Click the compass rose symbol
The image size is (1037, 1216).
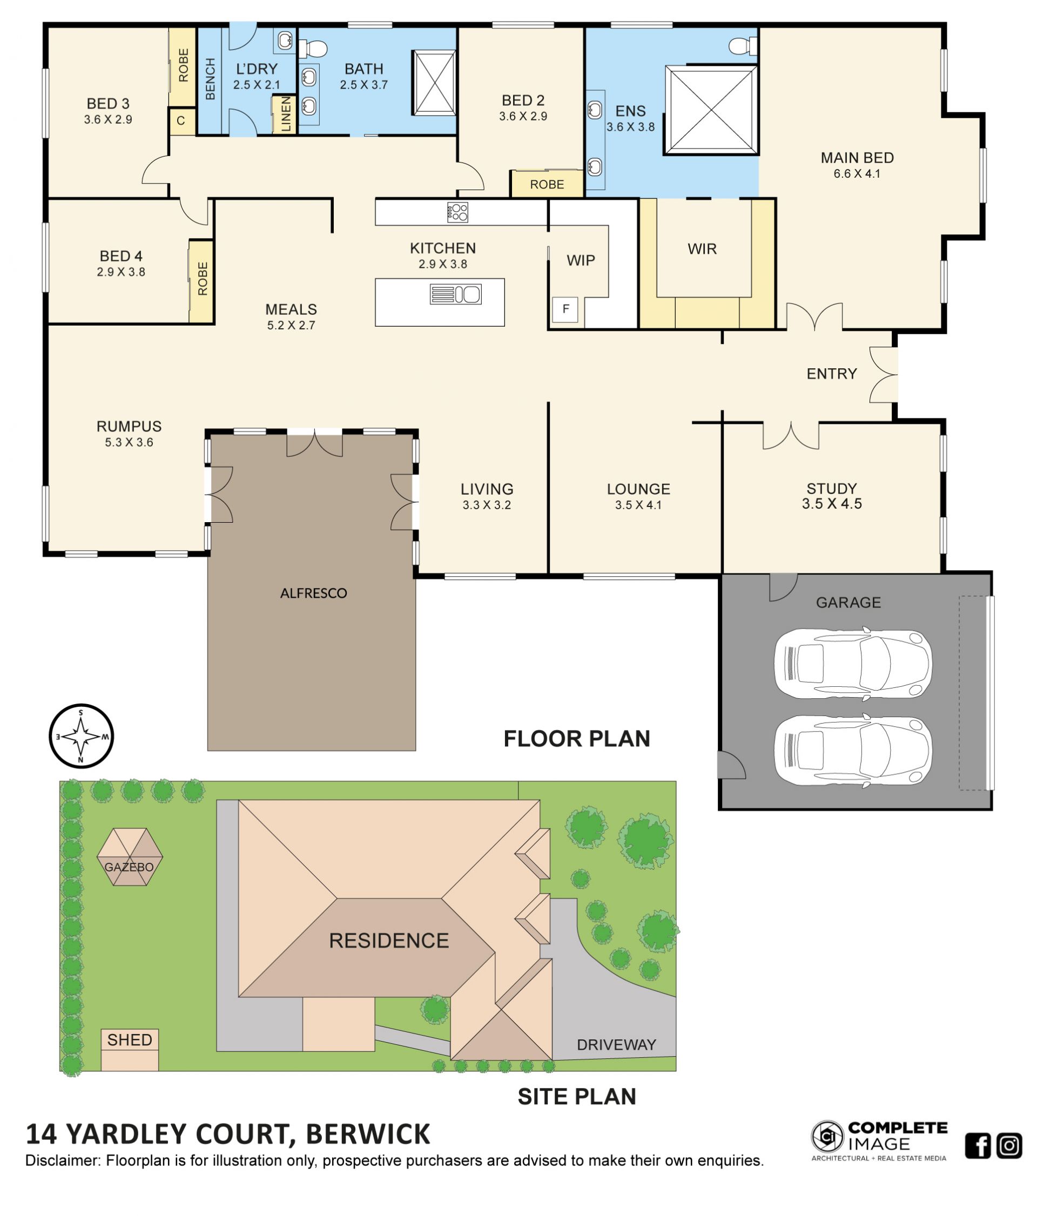click(x=80, y=736)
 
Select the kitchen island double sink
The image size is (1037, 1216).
click(x=455, y=294)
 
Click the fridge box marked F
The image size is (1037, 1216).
click(x=565, y=309)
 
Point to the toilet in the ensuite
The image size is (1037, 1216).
click(x=743, y=46)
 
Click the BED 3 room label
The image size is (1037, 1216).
click(x=108, y=104)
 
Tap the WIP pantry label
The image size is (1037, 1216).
click(x=581, y=261)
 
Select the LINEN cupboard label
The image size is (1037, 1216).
click(x=286, y=114)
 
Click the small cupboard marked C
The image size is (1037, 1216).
click(x=181, y=121)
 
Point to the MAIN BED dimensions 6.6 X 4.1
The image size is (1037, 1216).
click(x=857, y=174)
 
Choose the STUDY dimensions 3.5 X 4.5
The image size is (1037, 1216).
click(x=832, y=504)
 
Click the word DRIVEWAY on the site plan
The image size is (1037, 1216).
click(x=616, y=1045)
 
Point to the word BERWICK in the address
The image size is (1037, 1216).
click(x=368, y=1134)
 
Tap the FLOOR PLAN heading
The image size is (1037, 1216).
click(x=577, y=738)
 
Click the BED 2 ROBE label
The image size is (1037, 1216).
click(x=547, y=185)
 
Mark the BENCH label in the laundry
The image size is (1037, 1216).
click(x=210, y=79)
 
